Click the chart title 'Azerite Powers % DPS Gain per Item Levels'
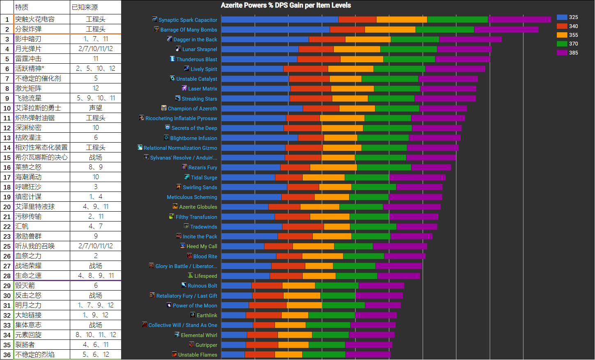pyautogui.click(x=286, y=5)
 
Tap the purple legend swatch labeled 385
pyautogui.click(x=562, y=53)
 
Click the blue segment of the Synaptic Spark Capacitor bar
pyautogui.click(x=280, y=20)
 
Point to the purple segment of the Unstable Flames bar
pyautogui.click(x=368, y=355)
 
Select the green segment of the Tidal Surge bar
pyautogui.click(x=367, y=178)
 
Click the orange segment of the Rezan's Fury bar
pyautogui.click(x=333, y=167)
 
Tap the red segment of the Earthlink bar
pyautogui.click(x=264, y=315)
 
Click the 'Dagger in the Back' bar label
pyautogui.click(x=195, y=39)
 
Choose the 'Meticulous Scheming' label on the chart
pyautogui.click(x=192, y=197)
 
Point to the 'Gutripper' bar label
pyautogui.click(x=206, y=345)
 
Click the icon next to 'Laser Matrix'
pyautogui.click(x=184, y=88)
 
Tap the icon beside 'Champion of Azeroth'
pyautogui.click(x=164, y=108)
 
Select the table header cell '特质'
pyautogui.click(x=22, y=7)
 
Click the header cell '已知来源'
pyautogui.click(x=85, y=7)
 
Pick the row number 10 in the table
pyautogui.click(x=7, y=108)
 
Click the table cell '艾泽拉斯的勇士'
pyautogui.click(x=38, y=108)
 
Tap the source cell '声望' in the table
pyautogui.click(x=96, y=108)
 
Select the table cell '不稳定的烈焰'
pyautogui.click(x=35, y=355)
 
